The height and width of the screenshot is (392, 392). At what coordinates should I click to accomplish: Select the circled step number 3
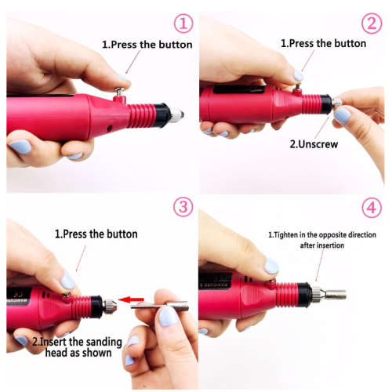point(183,207)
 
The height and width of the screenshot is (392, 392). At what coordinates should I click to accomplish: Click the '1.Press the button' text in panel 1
point(147,45)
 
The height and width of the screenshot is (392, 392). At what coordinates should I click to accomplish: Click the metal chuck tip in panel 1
point(176,114)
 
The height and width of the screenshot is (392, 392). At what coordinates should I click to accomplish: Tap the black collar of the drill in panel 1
point(162,116)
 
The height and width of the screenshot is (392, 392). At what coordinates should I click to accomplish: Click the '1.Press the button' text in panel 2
point(323,44)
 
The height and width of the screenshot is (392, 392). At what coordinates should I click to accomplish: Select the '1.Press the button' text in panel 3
point(96,234)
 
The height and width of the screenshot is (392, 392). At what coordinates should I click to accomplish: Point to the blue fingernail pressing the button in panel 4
point(271,267)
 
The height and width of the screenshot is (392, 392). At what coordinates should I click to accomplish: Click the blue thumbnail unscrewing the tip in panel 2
point(342,115)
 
